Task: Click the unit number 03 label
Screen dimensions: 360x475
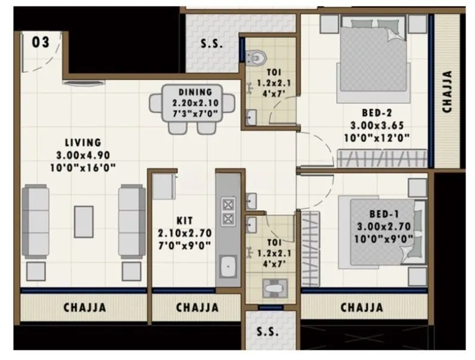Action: pos(40,43)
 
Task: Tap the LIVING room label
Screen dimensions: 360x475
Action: pos(84,143)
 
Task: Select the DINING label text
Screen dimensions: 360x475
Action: pos(196,92)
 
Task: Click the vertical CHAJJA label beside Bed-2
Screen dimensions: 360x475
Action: pos(447,92)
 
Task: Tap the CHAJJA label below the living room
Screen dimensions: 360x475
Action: pos(85,308)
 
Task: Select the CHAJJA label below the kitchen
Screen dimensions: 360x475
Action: pos(198,308)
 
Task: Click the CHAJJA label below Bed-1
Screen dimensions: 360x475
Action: pos(362,308)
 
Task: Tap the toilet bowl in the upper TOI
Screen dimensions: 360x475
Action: pos(257,56)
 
